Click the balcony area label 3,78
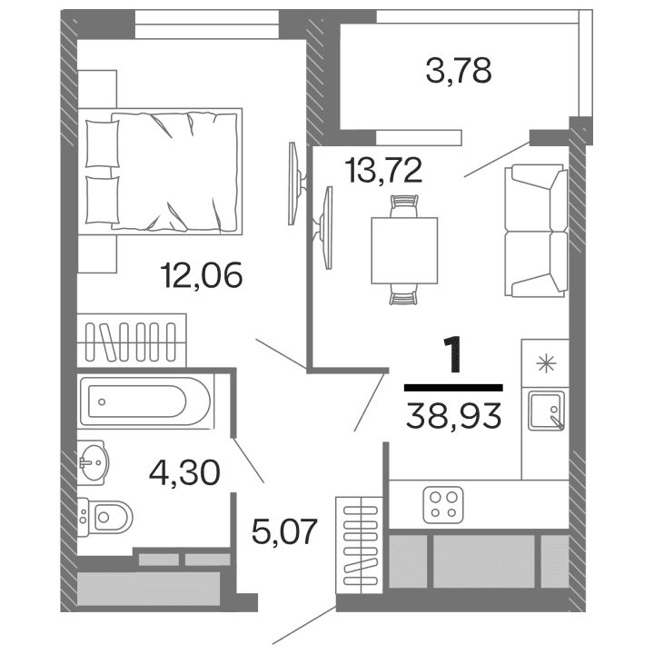point(459,70)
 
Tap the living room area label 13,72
point(382,169)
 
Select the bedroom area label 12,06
point(201,273)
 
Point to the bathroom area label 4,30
point(184,472)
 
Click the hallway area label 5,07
point(285,530)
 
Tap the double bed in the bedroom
point(163,171)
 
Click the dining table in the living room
point(404,251)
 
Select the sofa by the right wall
point(537,230)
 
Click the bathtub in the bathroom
point(145,401)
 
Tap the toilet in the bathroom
point(106,518)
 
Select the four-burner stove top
point(445,504)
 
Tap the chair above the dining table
point(403,204)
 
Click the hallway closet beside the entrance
point(359,544)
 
